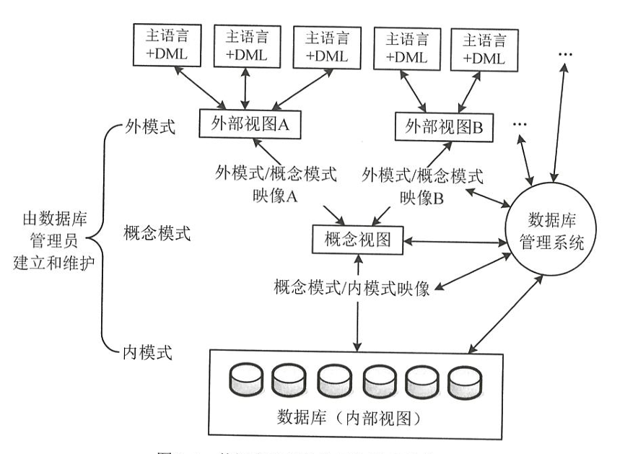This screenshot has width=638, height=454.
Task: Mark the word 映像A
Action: [x=277, y=195]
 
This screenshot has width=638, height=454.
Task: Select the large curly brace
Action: [x=107, y=238]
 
